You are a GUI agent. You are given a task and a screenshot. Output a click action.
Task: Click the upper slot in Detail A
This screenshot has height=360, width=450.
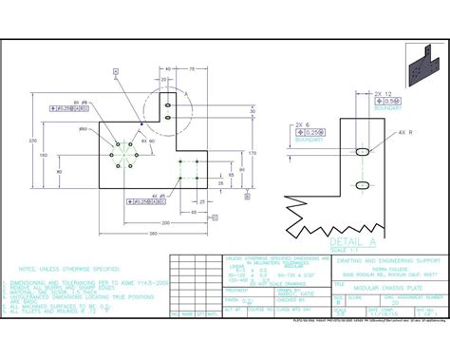(363, 152)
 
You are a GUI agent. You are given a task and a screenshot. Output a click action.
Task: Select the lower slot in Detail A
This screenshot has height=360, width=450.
(363, 183)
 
